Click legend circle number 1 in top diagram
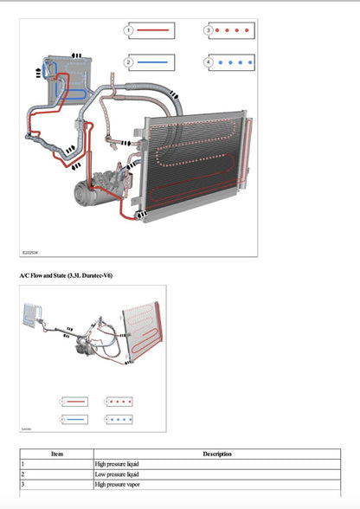128,30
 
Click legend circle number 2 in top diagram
128,62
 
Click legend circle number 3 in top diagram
209,30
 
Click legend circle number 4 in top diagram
209,62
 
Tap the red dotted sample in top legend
235,30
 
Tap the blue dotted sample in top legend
235,62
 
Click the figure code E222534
30,253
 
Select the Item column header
57,454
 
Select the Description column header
216,454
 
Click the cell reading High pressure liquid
117,465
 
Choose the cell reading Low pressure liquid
117,475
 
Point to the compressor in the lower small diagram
84,344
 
